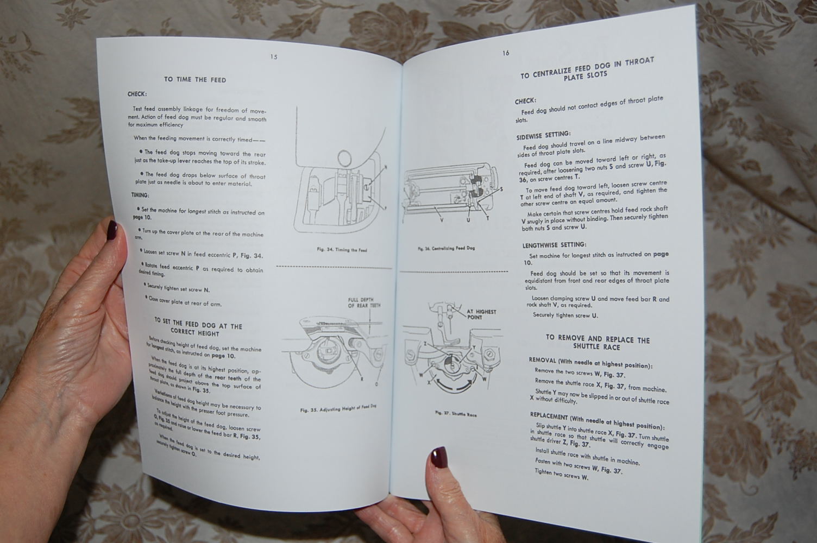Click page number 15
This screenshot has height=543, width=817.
pos(274,57)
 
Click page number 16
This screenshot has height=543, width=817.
pos(506,53)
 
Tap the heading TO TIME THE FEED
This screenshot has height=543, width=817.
pos(195,80)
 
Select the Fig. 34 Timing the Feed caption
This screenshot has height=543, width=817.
pos(342,250)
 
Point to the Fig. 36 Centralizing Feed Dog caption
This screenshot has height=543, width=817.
pos(446,248)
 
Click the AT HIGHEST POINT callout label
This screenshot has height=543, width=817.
pos(481,314)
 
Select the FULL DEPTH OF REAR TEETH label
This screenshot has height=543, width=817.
pos(364,302)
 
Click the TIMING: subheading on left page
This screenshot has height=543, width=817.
pos(140,195)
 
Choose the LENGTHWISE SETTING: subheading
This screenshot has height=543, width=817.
pos(554,245)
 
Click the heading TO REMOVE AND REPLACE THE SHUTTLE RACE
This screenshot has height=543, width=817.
pos(597,343)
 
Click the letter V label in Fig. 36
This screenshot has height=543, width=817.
pos(441,220)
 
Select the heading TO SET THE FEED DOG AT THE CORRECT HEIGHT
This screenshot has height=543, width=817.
pos(198,328)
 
